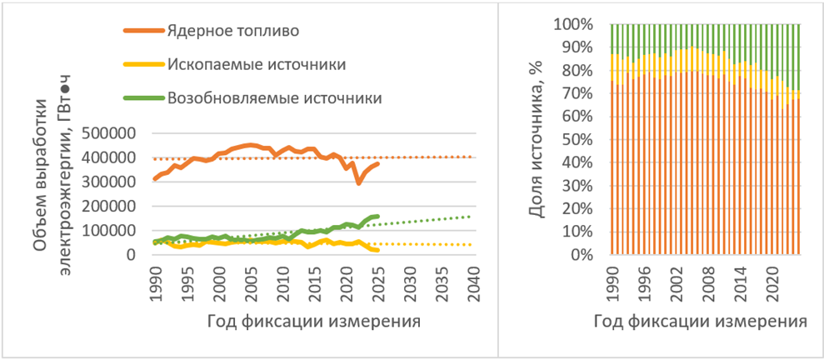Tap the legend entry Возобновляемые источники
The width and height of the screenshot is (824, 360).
point(274,97)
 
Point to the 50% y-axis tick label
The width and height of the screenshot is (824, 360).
point(579,140)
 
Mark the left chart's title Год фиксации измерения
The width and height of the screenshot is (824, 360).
point(312,321)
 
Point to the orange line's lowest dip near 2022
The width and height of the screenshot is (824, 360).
point(358,183)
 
